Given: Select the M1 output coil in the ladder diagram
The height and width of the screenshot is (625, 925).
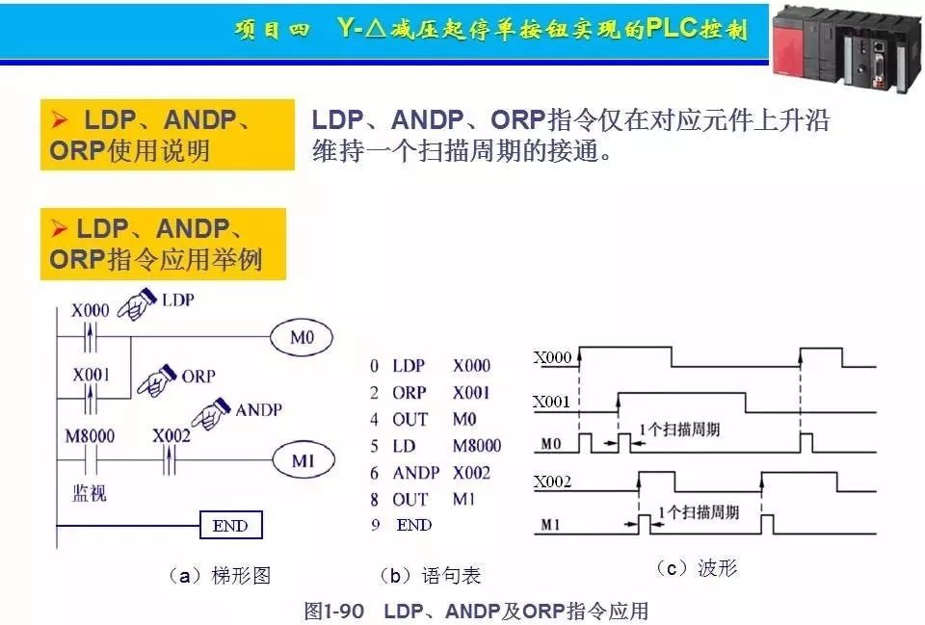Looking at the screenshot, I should pyautogui.click(x=303, y=461).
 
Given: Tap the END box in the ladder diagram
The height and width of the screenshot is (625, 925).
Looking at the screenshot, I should pyautogui.click(x=230, y=526).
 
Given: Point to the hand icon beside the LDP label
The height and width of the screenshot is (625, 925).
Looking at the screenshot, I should pyautogui.click(x=136, y=305).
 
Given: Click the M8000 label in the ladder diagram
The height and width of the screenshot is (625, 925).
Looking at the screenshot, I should pyautogui.click(x=90, y=436).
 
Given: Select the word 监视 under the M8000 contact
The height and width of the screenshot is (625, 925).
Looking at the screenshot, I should pyautogui.click(x=90, y=493).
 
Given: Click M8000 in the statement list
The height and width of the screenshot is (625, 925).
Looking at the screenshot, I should pyautogui.click(x=477, y=445).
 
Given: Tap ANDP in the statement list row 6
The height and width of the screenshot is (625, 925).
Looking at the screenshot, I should pyautogui.click(x=415, y=473).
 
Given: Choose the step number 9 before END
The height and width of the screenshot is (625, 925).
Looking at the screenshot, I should pyautogui.click(x=374, y=526).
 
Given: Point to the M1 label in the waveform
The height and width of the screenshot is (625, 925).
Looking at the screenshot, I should pyautogui.click(x=547, y=526).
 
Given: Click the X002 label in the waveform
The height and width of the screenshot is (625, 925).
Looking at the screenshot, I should pyautogui.click(x=553, y=482).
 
